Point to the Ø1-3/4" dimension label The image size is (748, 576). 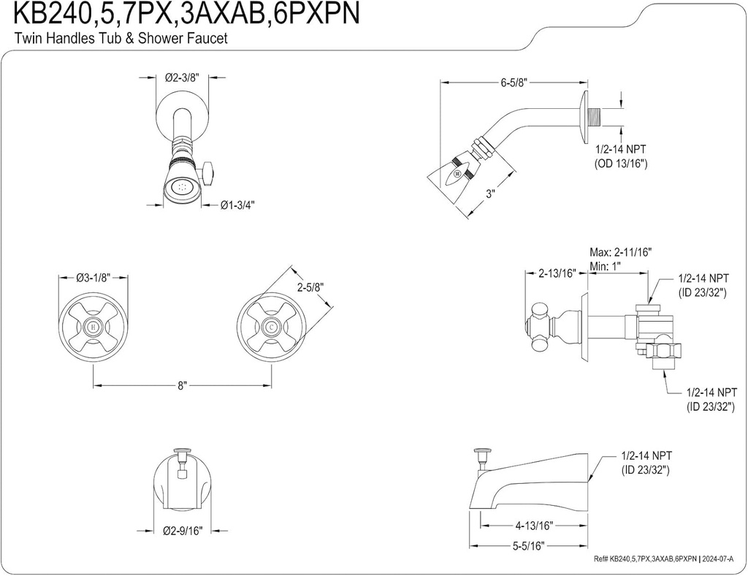coord(237,205)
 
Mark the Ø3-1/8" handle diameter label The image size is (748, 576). coord(93,278)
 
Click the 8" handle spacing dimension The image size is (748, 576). coord(183,385)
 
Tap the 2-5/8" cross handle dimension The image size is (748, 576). coord(310,287)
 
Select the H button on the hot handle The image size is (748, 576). coord(93,326)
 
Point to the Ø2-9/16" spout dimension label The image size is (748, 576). coord(182,529)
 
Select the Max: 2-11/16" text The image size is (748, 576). coord(620,252)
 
